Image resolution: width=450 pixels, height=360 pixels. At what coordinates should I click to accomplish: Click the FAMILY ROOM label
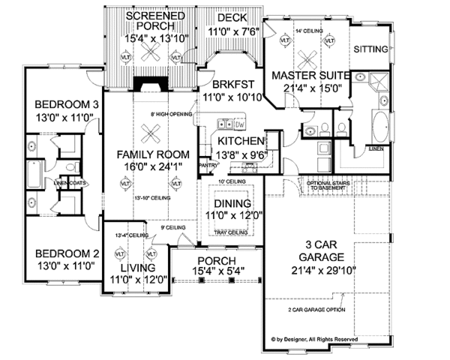pos(151,155)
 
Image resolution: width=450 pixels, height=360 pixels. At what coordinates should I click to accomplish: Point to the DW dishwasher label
pos(241,123)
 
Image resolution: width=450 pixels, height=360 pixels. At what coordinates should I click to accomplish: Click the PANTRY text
pos(208,163)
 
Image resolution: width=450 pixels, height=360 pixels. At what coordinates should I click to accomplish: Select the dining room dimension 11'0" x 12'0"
pos(235,214)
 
